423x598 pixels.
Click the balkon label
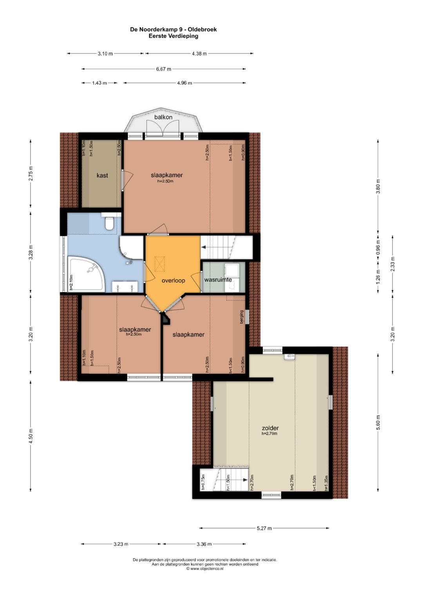click(x=163, y=117)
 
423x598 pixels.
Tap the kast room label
click(x=102, y=175)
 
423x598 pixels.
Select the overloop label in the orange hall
click(x=173, y=280)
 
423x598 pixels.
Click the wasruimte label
click(x=218, y=280)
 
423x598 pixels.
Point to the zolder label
click(x=270, y=428)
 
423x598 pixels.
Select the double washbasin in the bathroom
click(x=125, y=286)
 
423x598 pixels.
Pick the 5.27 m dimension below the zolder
click(x=264, y=528)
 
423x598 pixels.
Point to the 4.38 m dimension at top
click(x=199, y=54)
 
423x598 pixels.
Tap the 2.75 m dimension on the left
click(x=31, y=173)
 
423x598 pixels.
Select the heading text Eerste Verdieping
click(x=174, y=36)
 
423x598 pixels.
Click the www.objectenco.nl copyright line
click(x=205, y=569)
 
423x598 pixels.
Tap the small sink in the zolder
click(x=289, y=356)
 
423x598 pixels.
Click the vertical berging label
click(x=242, y=317)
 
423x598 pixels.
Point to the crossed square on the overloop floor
click(x=160, y=264)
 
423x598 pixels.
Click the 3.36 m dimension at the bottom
click(x=204, y=544)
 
